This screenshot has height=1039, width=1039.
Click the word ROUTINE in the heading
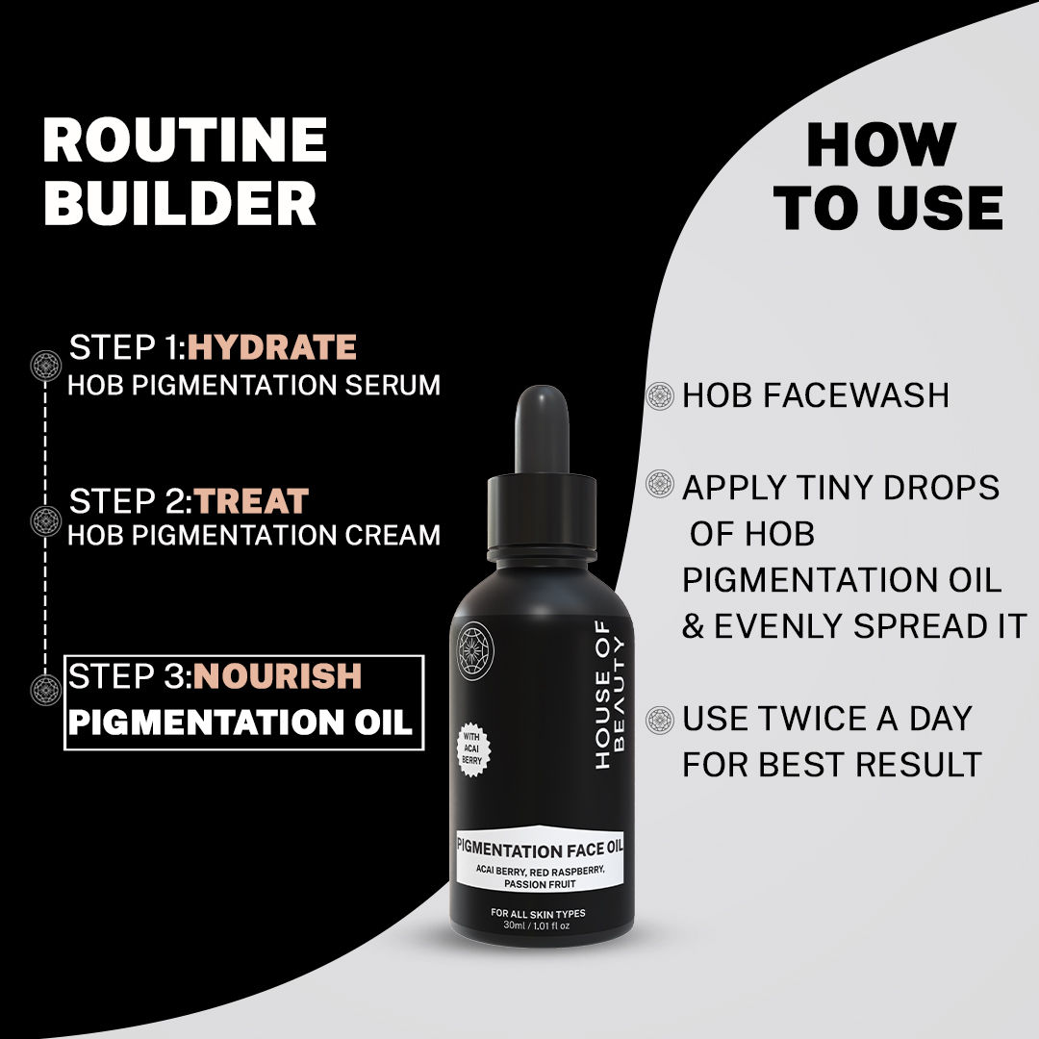pos(185,140)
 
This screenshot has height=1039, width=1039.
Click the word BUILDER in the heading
pos(180,204)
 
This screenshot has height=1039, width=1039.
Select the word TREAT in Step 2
pos(251,501)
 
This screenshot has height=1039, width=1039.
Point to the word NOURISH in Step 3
pos(278,676)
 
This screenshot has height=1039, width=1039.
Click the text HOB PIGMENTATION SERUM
pos(254,385)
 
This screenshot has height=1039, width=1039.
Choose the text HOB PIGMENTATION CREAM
pos(254,535)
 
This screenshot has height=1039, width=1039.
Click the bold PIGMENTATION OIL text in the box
pos(241,722)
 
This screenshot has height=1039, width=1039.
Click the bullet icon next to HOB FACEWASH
pos(659,395)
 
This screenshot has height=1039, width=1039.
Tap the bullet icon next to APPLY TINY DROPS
pos(659,484)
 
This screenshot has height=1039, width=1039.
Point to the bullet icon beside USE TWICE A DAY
pos(659,719)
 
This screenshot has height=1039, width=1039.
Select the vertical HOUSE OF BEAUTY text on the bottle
pos(611,702)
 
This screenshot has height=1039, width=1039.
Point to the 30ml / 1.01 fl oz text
pos(538,925)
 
